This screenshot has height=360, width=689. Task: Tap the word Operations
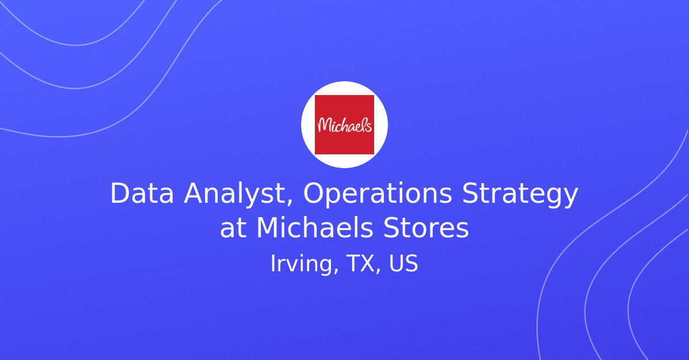click(378, 194)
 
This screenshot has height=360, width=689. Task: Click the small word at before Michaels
click(233, 229)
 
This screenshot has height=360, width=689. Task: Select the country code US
click(403, 264)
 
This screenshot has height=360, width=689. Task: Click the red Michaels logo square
click(344, 124)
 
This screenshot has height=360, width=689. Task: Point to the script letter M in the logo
click(324, 125)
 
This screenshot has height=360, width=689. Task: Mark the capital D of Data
click(119, 194)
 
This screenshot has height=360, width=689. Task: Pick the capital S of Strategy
click(470, 194)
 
